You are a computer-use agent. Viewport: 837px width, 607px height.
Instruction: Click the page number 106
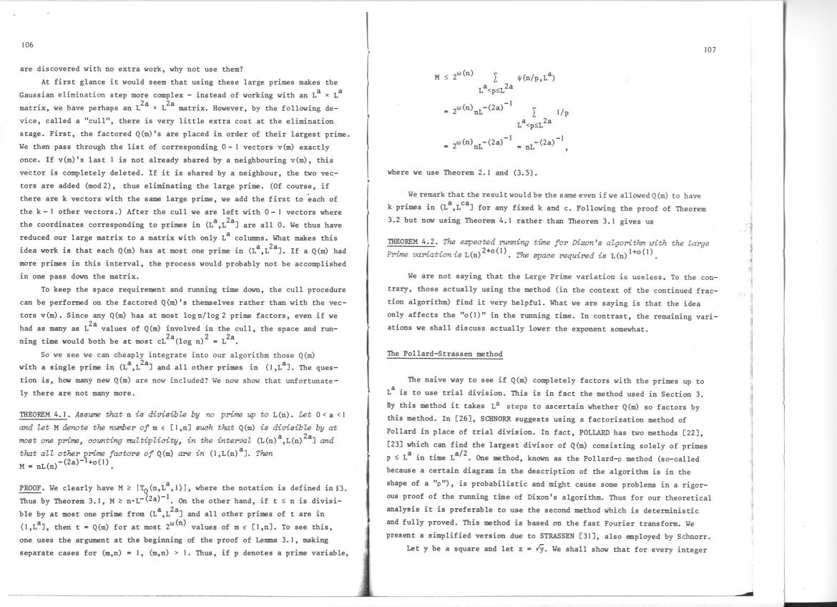pos(27,44)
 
